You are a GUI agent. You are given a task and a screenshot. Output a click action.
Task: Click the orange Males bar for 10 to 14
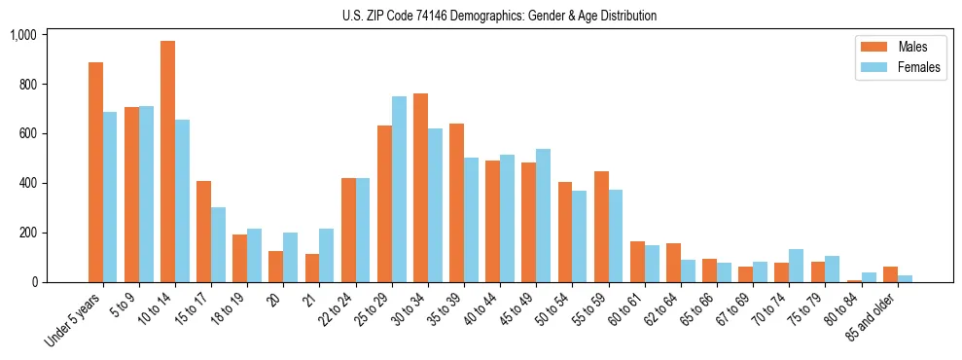pyautogui.click(x=168, y=162)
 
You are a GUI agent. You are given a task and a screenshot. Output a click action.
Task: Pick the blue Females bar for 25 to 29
pyautogui.click(x=399, y=190)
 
